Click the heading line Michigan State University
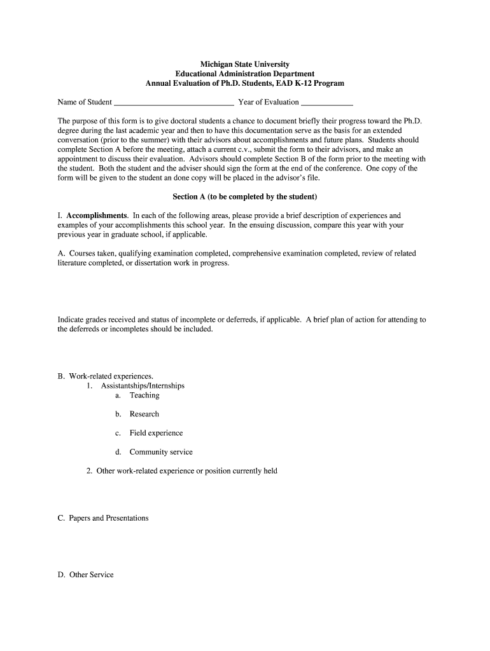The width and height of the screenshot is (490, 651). pos(245,64)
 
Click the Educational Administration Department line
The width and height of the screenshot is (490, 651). pos(245,74)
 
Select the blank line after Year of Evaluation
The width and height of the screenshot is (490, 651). pos(326,102)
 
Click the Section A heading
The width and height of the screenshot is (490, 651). pos(245,196)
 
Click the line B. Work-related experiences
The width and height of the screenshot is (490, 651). pos(106,376)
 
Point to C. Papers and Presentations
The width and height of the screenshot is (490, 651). pos(103,518)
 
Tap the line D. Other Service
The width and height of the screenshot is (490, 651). pos(86,575)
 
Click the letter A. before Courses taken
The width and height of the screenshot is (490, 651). pos(61,253)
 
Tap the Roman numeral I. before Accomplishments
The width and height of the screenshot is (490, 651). pos(60,216)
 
